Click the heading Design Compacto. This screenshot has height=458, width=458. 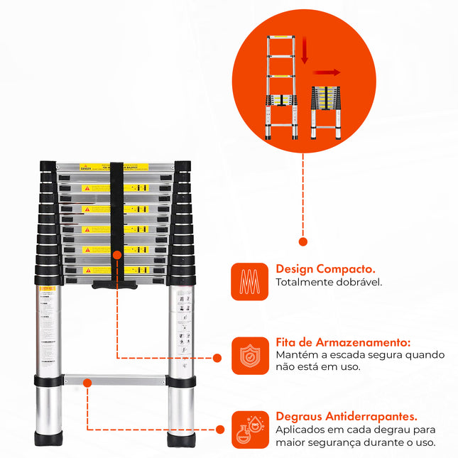326,270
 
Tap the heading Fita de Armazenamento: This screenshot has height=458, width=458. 343,342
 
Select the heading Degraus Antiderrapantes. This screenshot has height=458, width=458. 346,416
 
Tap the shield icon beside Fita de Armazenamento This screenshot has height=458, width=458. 250,355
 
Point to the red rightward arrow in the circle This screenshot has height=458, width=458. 327,72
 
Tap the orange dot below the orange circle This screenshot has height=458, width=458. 303,242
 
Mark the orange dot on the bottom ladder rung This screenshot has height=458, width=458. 87,383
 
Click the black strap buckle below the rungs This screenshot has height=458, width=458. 116,284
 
